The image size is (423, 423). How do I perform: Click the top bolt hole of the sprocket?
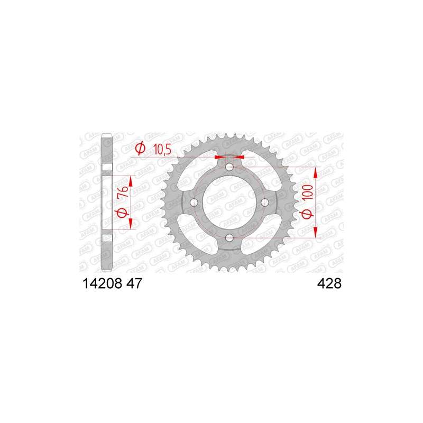point(229,167)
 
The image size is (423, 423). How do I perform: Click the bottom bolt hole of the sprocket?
point(229,238)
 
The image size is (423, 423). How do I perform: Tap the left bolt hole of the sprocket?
point(194,203)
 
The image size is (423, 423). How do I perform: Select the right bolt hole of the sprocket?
point(265,203)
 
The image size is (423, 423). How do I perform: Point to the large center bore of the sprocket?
point(229,203)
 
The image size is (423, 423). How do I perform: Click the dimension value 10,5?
point(162,149)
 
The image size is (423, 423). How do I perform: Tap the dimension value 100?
point(308,192)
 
